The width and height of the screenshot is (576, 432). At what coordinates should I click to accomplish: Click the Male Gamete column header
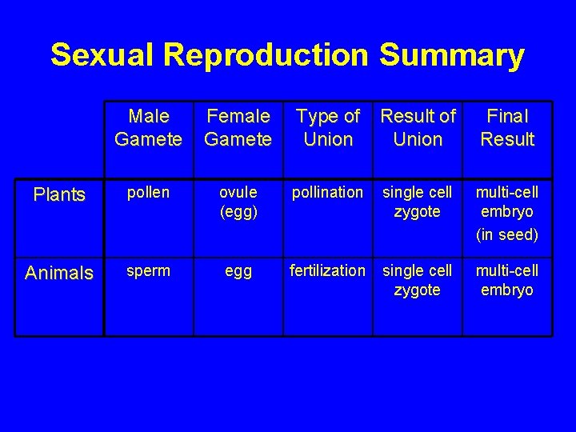(x=148, y=128)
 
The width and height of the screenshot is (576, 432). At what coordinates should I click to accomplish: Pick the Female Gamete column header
(x=238, y=128)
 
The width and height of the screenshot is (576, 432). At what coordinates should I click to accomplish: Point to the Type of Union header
(x=328, y=128)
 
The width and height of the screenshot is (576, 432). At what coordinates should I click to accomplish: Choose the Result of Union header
(x=418, y=128)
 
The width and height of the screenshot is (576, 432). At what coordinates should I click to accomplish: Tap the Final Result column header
(x=507, y=128)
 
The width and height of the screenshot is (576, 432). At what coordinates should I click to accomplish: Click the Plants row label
(x=59, y=195)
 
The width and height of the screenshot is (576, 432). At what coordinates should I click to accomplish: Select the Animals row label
(x=59, y=273)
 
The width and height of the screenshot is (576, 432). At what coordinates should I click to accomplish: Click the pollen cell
(x=148, y=193)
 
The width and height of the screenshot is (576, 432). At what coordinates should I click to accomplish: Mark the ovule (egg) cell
(x=238, y=202)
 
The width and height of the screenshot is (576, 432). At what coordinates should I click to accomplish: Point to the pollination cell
(x=327, y=193)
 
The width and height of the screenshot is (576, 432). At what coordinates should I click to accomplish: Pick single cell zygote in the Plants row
(x=417, y=202)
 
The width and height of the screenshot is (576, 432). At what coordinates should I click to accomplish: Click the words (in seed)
(x=507, y=234)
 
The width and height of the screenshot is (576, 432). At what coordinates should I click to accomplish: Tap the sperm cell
(x=148, y=270)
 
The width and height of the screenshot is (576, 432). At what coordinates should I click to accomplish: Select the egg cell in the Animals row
(x=238, y=271)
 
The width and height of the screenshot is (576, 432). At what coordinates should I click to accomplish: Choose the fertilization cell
(x=327, y=270)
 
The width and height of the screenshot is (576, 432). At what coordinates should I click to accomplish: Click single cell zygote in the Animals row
(x=417, y=280)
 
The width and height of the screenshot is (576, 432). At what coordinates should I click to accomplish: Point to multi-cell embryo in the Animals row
(x=507, y=280)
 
